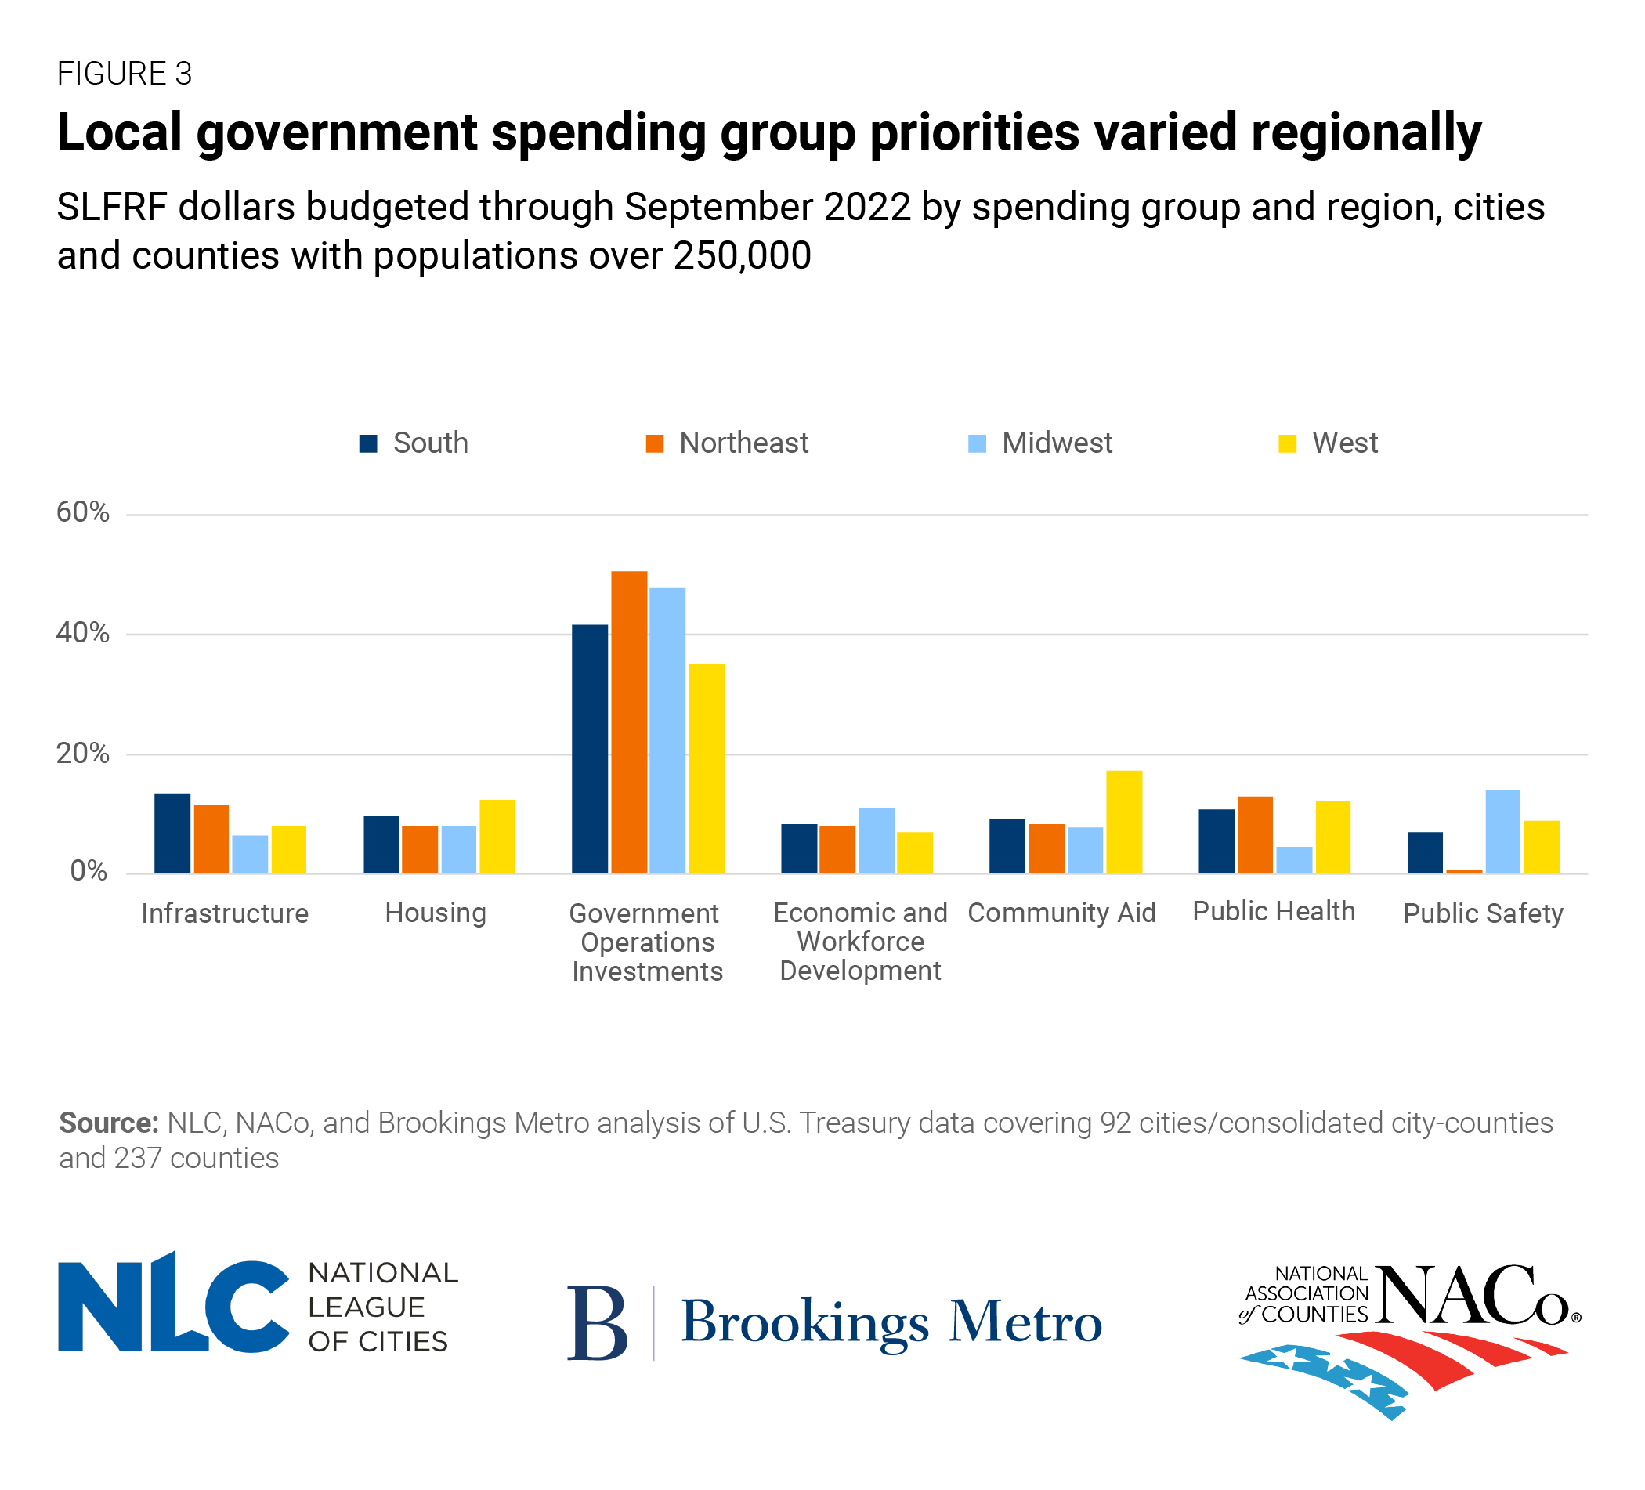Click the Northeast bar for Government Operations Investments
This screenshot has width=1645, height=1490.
click(629, 722)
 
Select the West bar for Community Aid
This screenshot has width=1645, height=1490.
click(1123, 822)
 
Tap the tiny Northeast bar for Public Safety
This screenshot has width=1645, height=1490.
click(1464, 871)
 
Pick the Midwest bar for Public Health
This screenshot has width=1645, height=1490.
click(1294, 860)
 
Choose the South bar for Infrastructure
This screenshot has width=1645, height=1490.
click(172, 833)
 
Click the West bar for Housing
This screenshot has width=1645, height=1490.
click(497, 837)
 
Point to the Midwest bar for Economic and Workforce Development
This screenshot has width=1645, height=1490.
click(877, 841)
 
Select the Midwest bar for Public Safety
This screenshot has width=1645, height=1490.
click(1502, 831)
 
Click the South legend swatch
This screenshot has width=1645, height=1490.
click(368, 444)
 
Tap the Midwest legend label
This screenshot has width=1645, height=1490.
click(1057, 443)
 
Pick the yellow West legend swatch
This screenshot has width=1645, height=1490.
click(1287, 444)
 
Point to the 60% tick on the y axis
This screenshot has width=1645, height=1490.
click(82, 512)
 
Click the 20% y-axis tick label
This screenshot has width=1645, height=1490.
click(82, 753)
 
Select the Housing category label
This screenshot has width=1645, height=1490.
click(435, 913)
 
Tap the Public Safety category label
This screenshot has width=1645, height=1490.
click(1483, 913)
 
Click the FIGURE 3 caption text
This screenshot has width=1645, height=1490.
click(124, 74)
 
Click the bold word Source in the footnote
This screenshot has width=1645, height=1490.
click(109, 1123)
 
